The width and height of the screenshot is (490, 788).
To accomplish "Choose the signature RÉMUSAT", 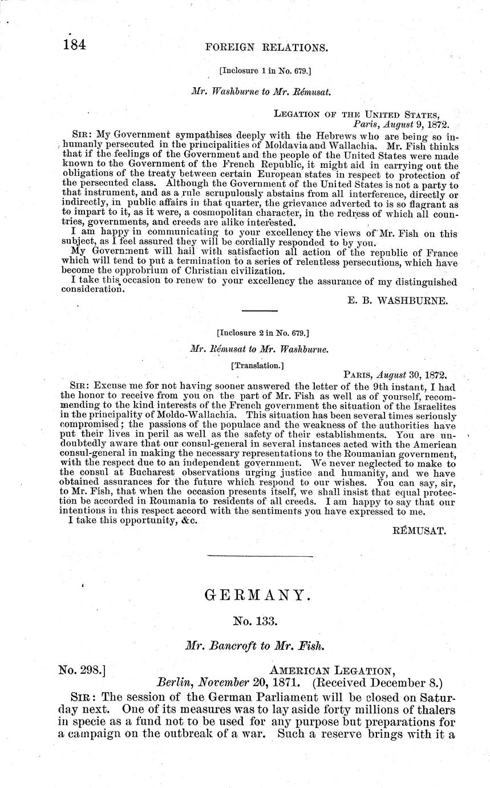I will point(420,530).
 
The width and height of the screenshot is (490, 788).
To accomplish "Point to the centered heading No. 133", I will point(257,622).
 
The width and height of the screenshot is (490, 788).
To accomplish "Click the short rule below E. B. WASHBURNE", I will point(260,311).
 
